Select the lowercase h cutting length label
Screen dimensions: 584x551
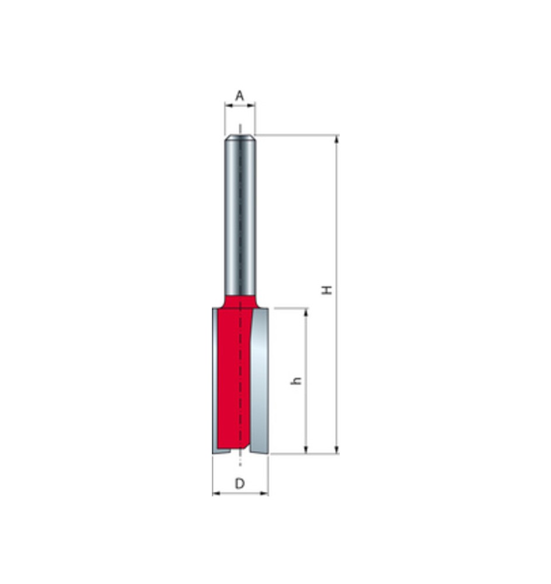[x=297, y=380]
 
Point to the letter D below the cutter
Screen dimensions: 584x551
[x=239, y=484]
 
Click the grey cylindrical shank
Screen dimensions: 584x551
[x=240, y=216]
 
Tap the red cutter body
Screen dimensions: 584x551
[x=233, y=380]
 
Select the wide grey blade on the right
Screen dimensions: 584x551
[x=260, y=380]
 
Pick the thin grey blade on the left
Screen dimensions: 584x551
[x=214, y=380]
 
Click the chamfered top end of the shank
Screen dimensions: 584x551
[x=240, y=138]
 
